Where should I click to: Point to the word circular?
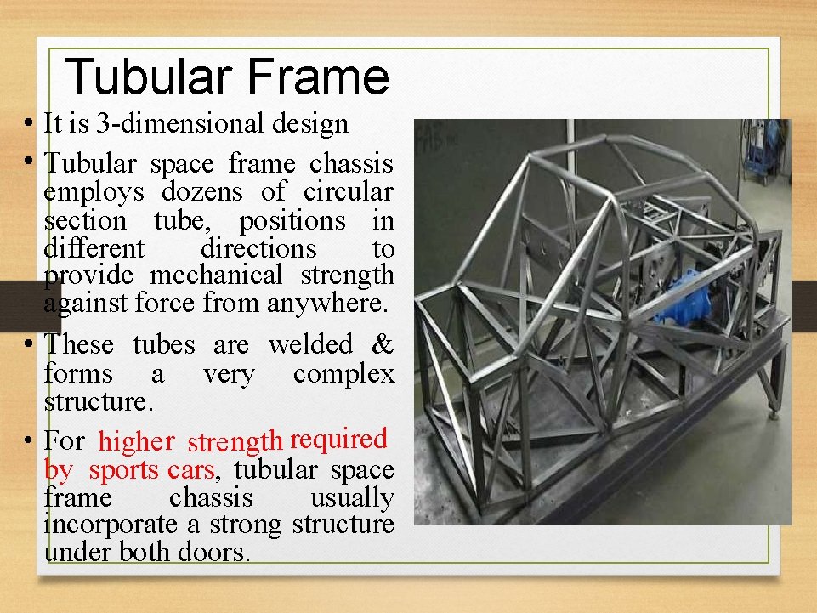351,192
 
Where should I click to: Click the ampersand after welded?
383,344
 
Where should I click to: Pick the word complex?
343,373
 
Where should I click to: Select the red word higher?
136,441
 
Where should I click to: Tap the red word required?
338,439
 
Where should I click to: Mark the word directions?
258,249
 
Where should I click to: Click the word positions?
292,221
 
